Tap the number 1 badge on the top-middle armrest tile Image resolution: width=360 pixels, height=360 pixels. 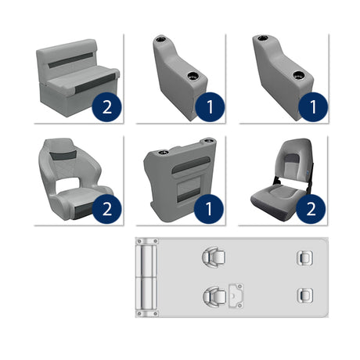point(209,106)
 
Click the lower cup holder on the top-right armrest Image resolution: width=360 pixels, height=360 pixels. point(298,76)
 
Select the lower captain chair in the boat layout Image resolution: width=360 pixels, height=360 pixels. point(211,296)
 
